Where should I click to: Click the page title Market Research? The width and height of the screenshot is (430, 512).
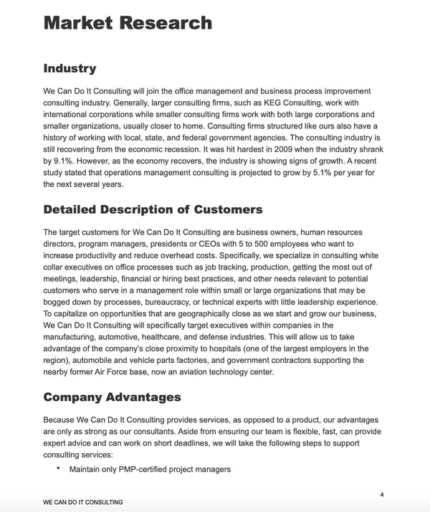click(x=128, y=22)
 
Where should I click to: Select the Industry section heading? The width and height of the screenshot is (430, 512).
click(x=70, y=69)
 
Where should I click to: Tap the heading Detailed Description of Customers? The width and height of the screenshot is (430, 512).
click(x=153, y=209)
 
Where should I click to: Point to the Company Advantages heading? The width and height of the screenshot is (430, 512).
click(x=112, y=397)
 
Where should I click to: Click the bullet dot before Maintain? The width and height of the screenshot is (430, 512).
click(x=57, y=469)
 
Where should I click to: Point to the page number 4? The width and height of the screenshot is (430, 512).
click(x=382, y=495)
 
